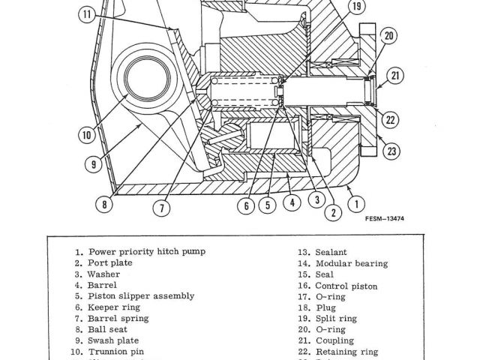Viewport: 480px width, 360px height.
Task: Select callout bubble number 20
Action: pyautogui.click(x=388, y=36)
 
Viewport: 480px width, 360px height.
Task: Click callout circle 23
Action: pyautogui.click(x=391, y=151)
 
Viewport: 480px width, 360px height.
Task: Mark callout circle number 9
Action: pyautogui.click(x=94, y=164)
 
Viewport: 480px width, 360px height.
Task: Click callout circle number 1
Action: pyautogui.click(x=358, y=202)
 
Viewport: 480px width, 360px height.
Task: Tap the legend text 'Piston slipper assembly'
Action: pyautogui.click(x=141, y=296)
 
